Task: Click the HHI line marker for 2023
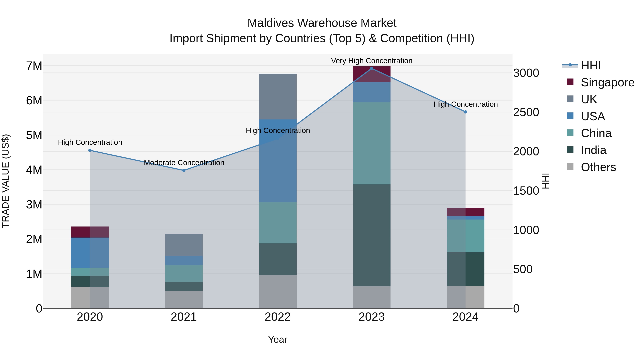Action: (x=372, y=68)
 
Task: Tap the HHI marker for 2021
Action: (x=184, y=170)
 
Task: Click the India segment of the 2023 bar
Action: (x=372, y=235)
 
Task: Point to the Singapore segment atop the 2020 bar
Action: (x=90, y=232)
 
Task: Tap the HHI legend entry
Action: (x=591, y=65)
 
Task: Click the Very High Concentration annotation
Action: (x=372, y=61)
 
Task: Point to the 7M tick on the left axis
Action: (x=34, y=66)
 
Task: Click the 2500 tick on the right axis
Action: (x=526, y=112)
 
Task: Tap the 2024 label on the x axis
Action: (x=465, y=317)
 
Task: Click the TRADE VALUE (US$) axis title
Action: (x=6, y=181)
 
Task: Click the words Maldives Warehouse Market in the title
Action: (x=322, y=23)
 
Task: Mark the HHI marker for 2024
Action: (x=465, y=112)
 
